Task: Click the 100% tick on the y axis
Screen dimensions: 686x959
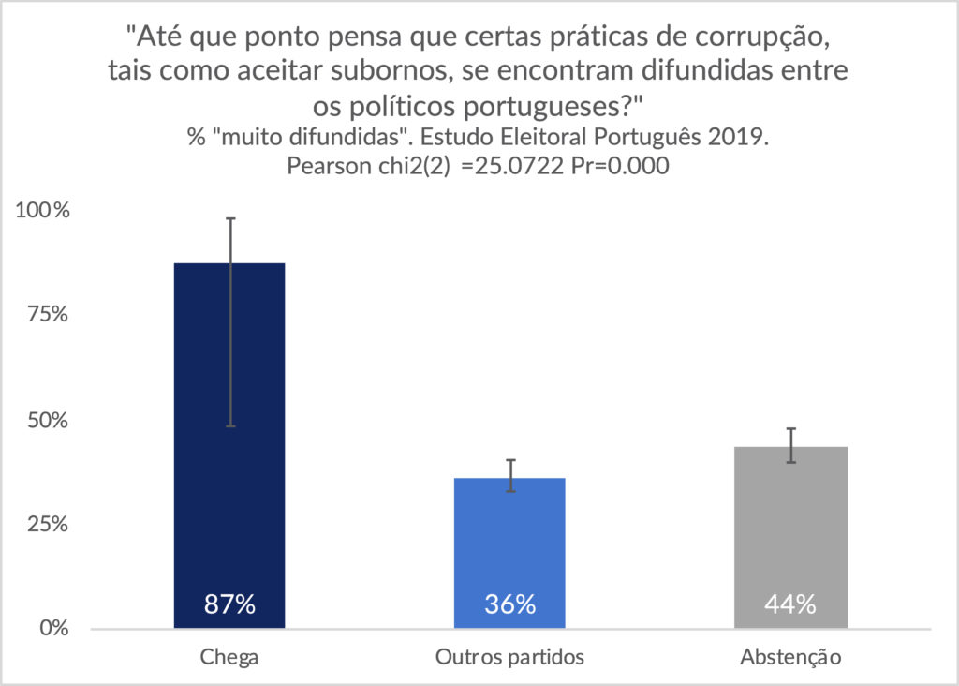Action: [41, 211]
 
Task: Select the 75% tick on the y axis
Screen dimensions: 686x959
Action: [46, 315]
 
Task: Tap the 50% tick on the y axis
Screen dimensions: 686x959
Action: [46, 420]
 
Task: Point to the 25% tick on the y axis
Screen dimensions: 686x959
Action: [46, 524]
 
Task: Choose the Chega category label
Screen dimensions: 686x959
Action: [229, 657]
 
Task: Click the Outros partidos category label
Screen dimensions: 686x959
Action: [509, 657]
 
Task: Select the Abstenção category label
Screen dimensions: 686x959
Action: [790, 657]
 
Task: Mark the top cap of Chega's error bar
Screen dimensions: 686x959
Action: [229, 218]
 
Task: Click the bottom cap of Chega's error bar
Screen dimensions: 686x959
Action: [229, 426]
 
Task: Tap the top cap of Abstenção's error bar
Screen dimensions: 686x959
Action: [790, 428]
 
